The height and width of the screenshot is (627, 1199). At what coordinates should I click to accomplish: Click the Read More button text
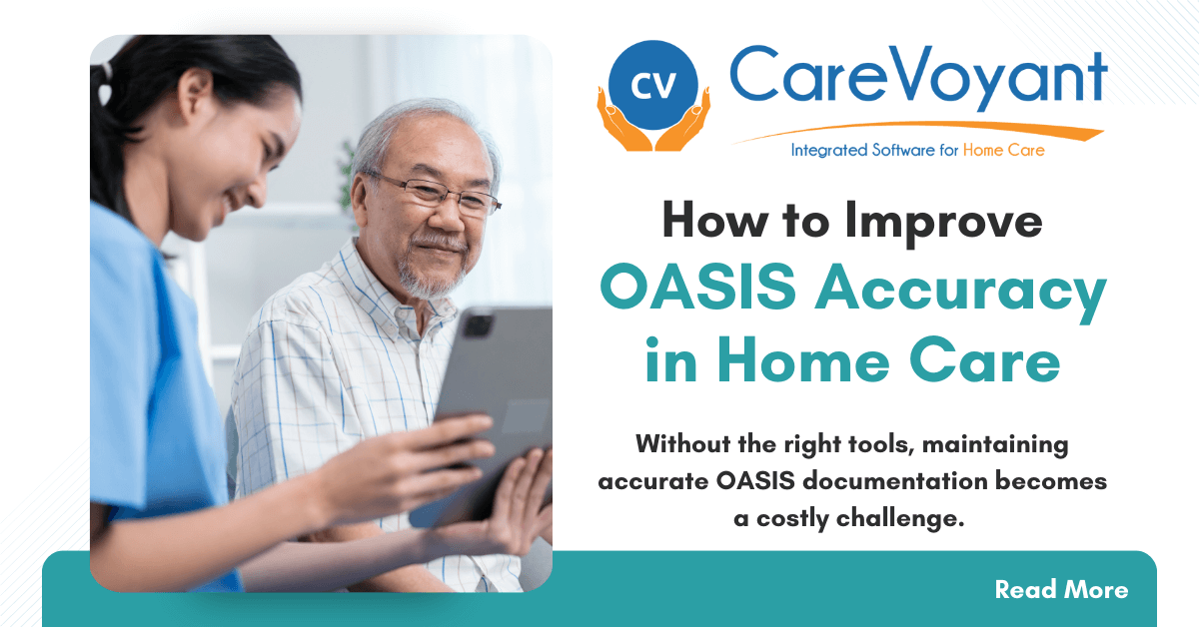(1061, 590)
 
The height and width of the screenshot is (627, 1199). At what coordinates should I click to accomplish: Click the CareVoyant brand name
(917, 78)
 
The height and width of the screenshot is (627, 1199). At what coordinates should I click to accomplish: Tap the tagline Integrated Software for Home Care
(917, 151)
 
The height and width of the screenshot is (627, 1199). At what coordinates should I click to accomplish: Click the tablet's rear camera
(478, 325)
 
